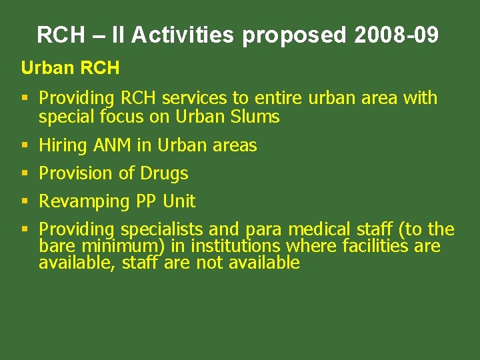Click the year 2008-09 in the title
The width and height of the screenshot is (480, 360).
click(397, 35)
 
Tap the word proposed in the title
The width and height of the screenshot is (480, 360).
click(294, 35)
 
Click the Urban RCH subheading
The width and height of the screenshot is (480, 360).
click(70, 68)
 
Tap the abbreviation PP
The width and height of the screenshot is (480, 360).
click(147, 201)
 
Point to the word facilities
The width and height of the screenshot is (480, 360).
click(375, 247)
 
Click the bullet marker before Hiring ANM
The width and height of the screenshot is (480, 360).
click(25, 145)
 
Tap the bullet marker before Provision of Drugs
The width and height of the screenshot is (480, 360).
click(25, 173)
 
